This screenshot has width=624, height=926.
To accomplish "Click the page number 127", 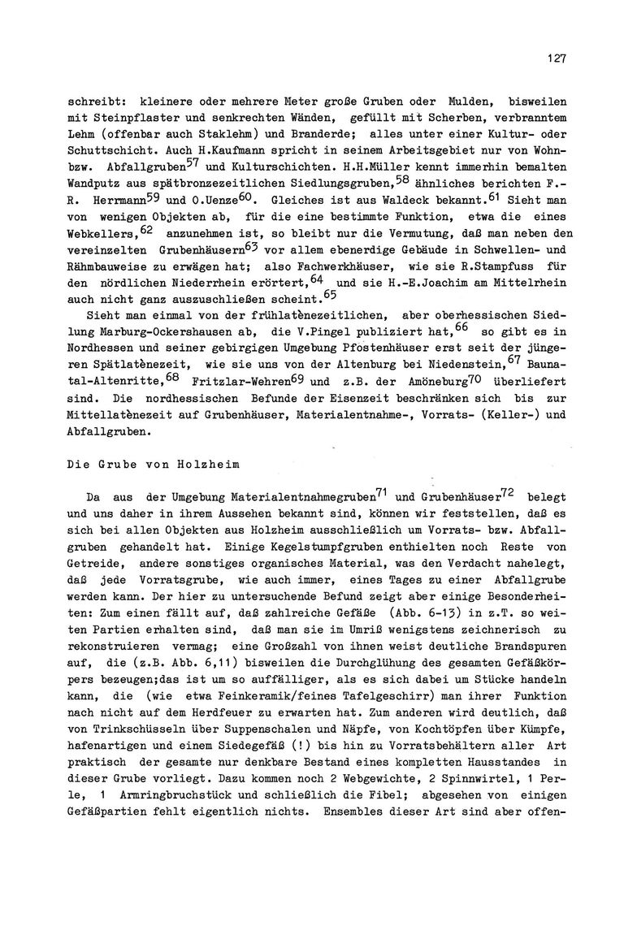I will (x=556, y=59).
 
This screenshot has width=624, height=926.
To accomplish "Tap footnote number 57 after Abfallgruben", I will (x=196, y=161).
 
